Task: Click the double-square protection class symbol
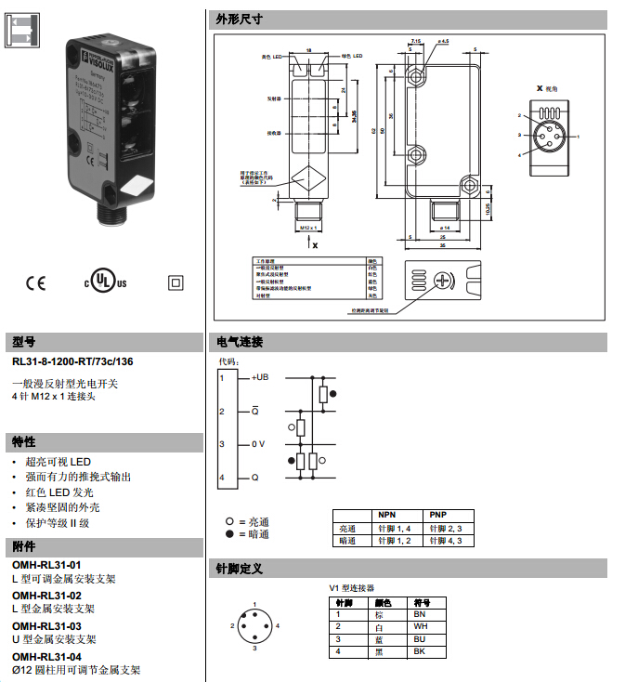pos(173,282)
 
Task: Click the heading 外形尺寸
pos(239,19)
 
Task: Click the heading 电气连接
pos(239,342)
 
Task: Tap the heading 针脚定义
pos(239,568)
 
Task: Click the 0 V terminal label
pos(258,444)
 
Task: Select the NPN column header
pos(385,515)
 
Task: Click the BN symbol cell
pos(420,614)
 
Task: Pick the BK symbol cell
pos(420,651)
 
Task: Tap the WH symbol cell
pos(420,627)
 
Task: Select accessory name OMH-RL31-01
pos(46,565)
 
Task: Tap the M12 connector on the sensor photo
pos(111,216)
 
